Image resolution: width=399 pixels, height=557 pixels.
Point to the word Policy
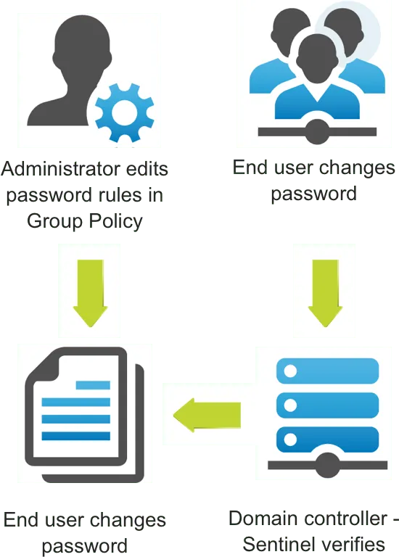115,221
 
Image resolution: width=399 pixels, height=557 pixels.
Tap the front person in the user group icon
317,78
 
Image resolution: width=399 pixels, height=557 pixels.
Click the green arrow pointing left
207,415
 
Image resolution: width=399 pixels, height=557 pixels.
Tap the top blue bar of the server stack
328,371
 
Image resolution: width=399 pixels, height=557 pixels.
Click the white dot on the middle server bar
290,405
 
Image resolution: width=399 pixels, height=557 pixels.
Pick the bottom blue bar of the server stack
328,440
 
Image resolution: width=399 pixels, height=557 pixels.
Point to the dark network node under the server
327,465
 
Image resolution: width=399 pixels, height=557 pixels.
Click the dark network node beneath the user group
316,132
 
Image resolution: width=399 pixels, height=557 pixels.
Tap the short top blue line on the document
93,385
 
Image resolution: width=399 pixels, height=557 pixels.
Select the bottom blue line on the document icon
76,436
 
